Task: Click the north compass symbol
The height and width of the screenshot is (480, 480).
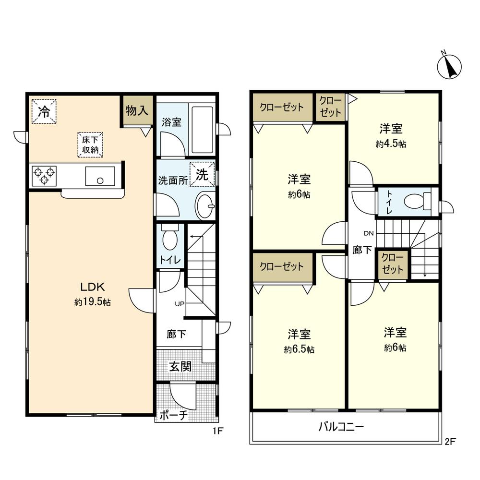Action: tap(450, 66)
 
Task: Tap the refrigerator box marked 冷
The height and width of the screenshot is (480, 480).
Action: tap(44, 111)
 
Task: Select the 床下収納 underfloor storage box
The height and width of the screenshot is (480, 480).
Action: tap(90, 144)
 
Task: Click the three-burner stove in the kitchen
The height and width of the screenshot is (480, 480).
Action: tap(44, 175)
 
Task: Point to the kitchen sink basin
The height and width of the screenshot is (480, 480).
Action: tap(100, 176)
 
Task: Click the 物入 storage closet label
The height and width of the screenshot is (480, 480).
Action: tap(137, 110)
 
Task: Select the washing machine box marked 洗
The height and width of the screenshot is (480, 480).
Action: tap(202, 174)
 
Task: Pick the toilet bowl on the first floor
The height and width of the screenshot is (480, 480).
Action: tap(170, 238)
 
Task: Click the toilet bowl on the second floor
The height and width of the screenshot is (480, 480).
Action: tap(415, 201)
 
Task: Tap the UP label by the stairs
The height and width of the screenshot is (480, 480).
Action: tap(180, 304)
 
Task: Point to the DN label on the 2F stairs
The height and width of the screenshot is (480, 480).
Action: tap(369, 234)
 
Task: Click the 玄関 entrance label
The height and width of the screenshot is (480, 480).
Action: tap(180, 367)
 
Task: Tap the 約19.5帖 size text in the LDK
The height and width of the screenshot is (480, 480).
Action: tap(93, 302)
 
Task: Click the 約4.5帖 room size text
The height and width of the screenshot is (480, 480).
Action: tap(391, 144)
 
